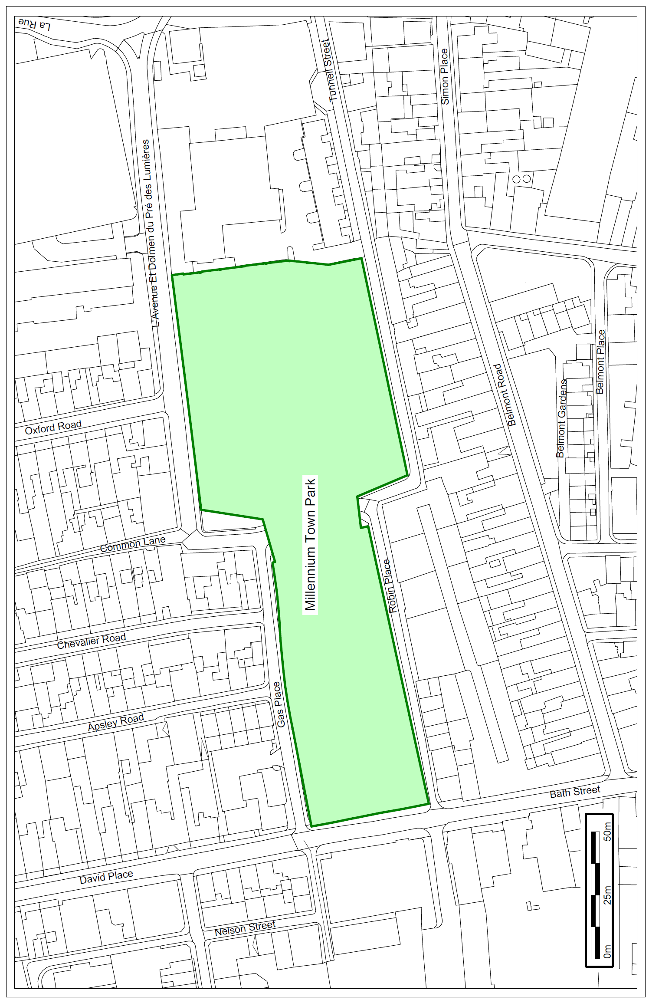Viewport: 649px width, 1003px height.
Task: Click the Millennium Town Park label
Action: tap(310, 545)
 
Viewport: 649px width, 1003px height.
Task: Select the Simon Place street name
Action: tap(445, 76)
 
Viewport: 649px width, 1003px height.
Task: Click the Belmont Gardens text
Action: tap(561, 418)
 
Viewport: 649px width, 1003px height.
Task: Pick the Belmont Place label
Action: tap(600, 362)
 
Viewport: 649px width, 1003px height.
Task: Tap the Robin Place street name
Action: tap(390, 586)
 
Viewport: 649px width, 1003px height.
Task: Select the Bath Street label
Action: tap(575, 792)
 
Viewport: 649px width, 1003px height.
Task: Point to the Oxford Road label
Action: tap(53, 427)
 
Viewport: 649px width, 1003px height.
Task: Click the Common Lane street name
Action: tap(133, 544)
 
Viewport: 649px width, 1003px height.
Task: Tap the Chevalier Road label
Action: tap(91, 641)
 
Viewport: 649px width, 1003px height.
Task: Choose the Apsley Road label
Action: tap(115, 722)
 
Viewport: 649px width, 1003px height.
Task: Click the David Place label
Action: tap(106, 877)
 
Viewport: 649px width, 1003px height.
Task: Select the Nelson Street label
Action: tap(245, 928)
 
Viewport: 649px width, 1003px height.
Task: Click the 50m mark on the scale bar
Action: tap(607, 831)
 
